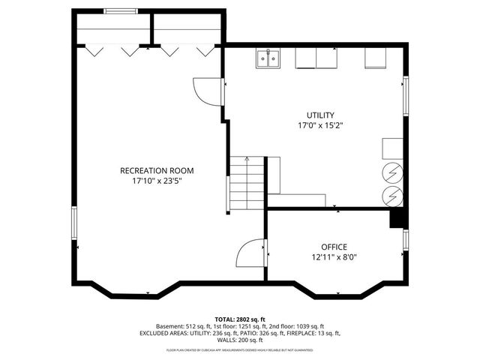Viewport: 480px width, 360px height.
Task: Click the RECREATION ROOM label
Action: tap(151, 170)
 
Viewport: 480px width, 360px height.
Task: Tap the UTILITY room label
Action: tap(320, 115)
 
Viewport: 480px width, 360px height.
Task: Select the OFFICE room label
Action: tap(334, 247)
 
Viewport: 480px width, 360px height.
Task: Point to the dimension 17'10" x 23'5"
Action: tap(151, 181)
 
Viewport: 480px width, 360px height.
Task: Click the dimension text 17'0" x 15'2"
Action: tap(320, 126)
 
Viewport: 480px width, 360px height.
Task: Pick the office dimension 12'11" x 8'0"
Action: tap(334, 257)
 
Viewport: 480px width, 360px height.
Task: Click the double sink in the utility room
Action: tap(268, 58)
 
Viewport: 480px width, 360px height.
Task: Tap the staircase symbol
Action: tap(247, 184)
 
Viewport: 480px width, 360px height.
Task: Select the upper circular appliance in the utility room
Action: tap(392, 172)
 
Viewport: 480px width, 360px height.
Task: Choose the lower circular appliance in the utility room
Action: tap(392, 196)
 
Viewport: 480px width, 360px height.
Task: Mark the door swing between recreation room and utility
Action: tap(208, 92)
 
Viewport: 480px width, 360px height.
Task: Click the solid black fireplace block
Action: tap(397, 218)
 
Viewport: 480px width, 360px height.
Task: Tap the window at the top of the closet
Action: tap(120, 10)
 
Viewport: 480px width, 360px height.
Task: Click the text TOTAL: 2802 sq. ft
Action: tap(240, 319)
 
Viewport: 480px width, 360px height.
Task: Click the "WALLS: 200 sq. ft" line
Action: tap(240, 340)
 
